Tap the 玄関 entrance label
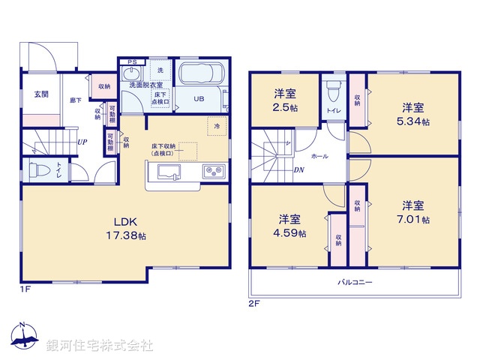pos(40,94)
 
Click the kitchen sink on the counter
pos(167,174)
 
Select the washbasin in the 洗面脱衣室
pos(132,75)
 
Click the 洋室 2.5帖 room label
pos(284,100)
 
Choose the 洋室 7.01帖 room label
pos(414,211)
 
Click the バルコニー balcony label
pos(354,283)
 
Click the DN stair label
pos(298,170)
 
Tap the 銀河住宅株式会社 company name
pos(100,345)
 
